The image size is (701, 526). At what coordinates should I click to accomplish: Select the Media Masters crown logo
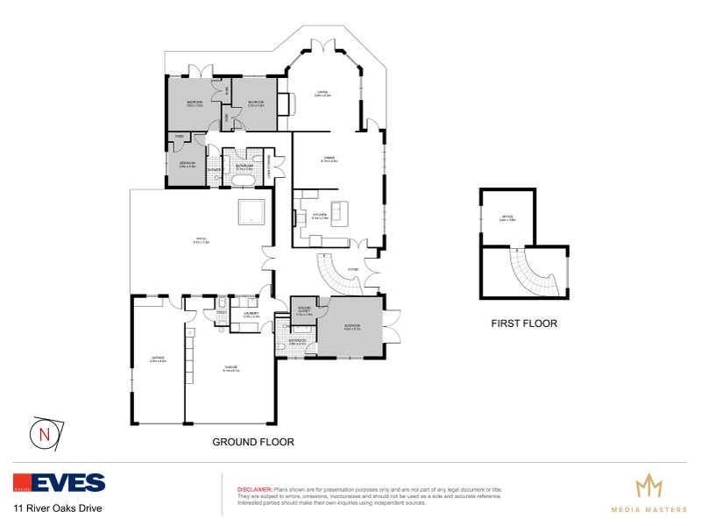648,485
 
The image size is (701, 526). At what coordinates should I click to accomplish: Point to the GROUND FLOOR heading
253,442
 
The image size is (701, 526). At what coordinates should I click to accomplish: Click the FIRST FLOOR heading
524,323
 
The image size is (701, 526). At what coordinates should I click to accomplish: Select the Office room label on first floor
506,219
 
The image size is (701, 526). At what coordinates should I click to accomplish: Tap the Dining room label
329,160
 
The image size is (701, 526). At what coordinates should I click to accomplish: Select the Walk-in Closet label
304,310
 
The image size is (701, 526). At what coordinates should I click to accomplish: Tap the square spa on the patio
252,211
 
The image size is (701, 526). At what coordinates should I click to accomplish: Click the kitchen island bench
338,212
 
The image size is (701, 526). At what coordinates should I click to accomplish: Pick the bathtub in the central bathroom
243,181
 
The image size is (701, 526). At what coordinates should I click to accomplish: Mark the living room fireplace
283,103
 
